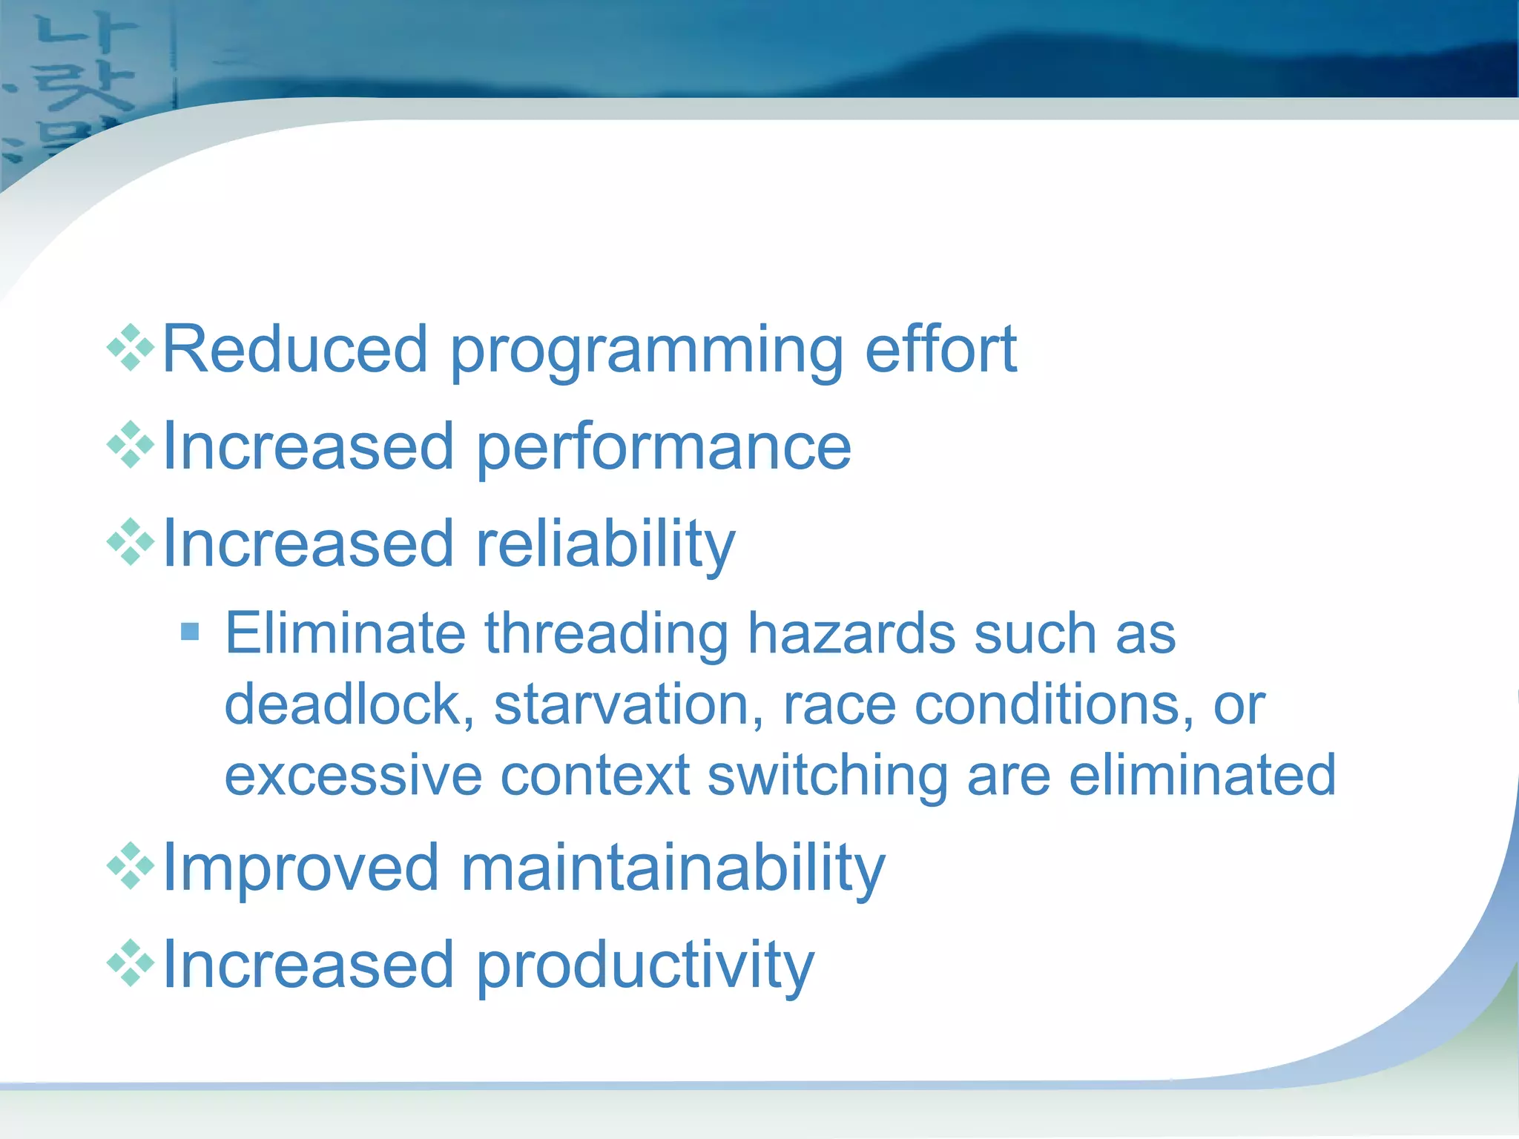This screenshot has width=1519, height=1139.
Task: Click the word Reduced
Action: (x=295, y=349)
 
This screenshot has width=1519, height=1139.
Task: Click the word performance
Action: (x=663, y=448)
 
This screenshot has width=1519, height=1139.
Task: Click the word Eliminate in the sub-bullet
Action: (x=345, y=633)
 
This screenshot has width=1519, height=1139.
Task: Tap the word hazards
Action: (x=851, y=633)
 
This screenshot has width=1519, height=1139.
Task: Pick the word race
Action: (x=839, y=704)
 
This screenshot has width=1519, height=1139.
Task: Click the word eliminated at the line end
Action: (x=1202, y=775)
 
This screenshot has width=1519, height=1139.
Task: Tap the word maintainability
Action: (x=673, y=868)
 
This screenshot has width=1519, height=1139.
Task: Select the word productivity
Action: (x=645, y=966)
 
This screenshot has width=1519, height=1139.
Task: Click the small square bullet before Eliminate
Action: (x=191, y=632)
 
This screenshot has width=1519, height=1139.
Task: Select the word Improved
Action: (x=300, y=868)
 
